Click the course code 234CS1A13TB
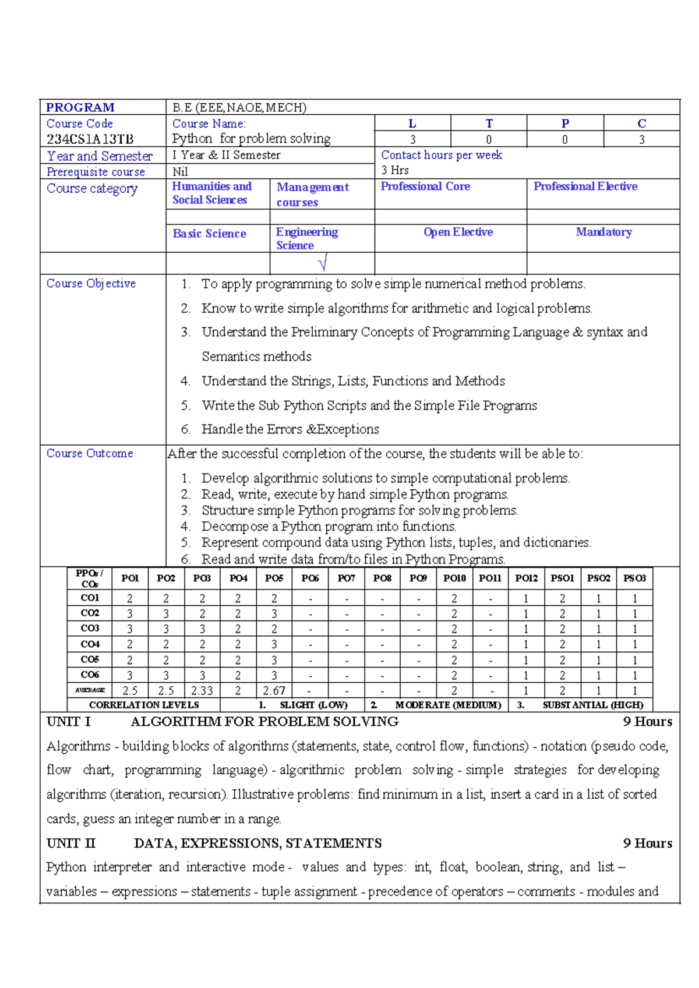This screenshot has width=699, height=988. [90, 139]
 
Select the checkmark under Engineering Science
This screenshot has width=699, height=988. [323, 263]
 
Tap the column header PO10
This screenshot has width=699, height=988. [454, 578]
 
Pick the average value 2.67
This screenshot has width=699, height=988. [274, 690]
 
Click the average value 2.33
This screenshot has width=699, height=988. [202, 690]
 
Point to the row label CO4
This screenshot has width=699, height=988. [90, 644]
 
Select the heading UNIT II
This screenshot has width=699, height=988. [70, 843]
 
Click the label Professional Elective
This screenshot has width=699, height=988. [585, 186]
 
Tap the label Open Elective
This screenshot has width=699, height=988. [458, 232]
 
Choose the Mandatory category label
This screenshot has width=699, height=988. [603, 232]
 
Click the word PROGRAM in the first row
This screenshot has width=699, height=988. [80, 107]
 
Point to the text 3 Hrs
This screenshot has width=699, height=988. [395, 170]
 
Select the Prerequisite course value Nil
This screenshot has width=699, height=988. [180, 172]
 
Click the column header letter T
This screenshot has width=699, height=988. [489, 123]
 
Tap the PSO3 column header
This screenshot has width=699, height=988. [634, 578]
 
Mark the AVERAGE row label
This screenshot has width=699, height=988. [90, 690]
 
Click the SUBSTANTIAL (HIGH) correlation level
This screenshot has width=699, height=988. [592, 705]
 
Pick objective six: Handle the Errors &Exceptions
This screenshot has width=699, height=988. [290, 429]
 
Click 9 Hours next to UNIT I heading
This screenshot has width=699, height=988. [647, 721]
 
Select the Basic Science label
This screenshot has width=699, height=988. [209, 234]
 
